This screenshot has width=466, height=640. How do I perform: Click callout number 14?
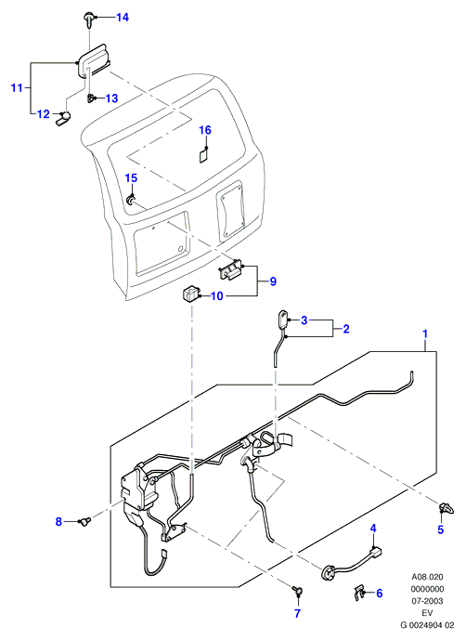coord(123,17)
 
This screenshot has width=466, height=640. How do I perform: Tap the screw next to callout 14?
coord(88,20)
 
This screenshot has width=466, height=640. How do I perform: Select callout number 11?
coord(17,87)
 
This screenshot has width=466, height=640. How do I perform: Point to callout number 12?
coord(43,114)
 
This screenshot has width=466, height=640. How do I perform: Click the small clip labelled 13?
coord(90,98)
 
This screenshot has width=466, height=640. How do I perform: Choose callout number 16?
coord(205,130)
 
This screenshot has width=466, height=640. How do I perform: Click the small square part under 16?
coord(203,156)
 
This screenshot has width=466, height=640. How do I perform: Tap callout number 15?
coord(131,178)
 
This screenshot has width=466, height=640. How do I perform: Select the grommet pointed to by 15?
coord(130,200)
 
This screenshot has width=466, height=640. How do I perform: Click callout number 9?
coord(273,281)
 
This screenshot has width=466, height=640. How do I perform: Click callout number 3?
coord(304,320)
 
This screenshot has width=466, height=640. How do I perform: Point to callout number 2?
coord(346,329)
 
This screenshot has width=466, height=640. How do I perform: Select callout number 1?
coord(425,333)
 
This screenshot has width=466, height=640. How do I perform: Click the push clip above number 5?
coord(445,509)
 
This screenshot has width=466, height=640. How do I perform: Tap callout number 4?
coord(373,529)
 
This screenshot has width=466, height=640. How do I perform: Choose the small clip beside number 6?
coord(357,593)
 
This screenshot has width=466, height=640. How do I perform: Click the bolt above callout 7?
coord(297,590)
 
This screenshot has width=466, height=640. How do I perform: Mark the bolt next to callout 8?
coord(84,520)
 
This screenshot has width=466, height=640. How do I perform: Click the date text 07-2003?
coord(427,601)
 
